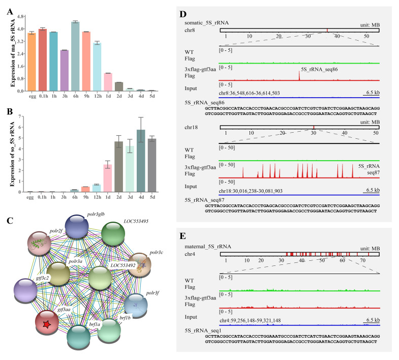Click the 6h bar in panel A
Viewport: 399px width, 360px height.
point(75,56)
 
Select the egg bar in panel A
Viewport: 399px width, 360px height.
point(32,62)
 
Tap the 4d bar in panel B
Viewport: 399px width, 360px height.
point(141,161)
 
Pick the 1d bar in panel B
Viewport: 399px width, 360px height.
point(108,178)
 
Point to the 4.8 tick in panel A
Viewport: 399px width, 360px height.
point(20,17)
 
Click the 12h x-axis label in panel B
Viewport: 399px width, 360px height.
point(97,197)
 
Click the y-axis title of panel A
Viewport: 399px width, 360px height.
point(13,53)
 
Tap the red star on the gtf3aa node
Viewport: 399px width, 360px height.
point(47,324)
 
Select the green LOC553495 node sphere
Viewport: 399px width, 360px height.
point(113,234)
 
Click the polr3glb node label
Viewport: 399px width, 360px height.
point(96,214)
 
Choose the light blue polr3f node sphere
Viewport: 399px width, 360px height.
point(136,306)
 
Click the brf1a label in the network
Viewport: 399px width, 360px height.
point(95,324)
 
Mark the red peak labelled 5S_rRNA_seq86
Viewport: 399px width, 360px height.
point(299,76)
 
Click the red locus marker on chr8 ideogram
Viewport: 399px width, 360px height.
point(327,31)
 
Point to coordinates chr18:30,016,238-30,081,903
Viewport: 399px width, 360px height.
point(251,191)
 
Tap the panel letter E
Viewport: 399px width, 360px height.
point(182,236)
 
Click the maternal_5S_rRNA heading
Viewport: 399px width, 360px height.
point(208,247)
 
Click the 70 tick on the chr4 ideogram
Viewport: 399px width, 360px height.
point(363,260)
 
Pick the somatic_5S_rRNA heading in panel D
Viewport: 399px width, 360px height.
point(207,23)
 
